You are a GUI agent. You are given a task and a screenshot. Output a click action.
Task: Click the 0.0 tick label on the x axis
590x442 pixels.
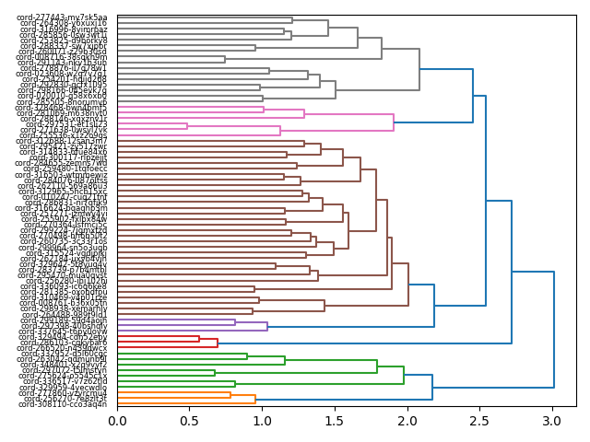tap(117, 421)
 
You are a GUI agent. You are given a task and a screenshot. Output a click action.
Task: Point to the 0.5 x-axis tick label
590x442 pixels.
tap(190, 421)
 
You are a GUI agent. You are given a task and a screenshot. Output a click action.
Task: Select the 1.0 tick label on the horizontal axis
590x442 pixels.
tap(263, 421)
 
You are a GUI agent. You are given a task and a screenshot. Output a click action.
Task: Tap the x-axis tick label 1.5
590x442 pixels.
tap(335, 421)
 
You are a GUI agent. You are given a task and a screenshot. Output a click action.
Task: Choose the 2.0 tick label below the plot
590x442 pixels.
tap(407, 421)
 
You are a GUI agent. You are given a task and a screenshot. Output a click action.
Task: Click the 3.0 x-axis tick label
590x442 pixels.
tap(552, 421)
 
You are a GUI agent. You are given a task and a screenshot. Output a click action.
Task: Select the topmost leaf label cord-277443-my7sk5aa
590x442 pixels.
tap(64, 17)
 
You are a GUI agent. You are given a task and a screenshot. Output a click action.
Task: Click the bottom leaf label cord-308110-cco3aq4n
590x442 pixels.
tap(64, 404)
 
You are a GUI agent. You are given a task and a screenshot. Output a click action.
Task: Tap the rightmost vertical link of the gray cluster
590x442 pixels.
tap(419, 68)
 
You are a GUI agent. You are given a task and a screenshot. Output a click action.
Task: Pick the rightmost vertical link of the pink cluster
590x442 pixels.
tap(394, 122)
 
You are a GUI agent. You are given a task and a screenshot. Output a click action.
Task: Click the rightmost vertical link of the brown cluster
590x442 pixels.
tap(408, 265)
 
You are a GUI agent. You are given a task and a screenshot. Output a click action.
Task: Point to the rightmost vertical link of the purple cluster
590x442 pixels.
tap(267, 326)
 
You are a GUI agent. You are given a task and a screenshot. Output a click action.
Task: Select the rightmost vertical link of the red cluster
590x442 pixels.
tap(218, 343)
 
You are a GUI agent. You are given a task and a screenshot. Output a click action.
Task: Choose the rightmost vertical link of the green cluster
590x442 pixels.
tap(404, 375)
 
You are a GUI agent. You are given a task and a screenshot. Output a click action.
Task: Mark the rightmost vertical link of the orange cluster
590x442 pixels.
tap(255, 399)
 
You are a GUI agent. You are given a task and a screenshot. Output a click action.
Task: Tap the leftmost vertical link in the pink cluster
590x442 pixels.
tap(187, 126)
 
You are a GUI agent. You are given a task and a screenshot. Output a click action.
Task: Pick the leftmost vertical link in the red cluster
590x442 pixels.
tap(199, 339)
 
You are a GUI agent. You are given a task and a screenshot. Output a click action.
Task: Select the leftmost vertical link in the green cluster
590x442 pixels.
tap(215, 373)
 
